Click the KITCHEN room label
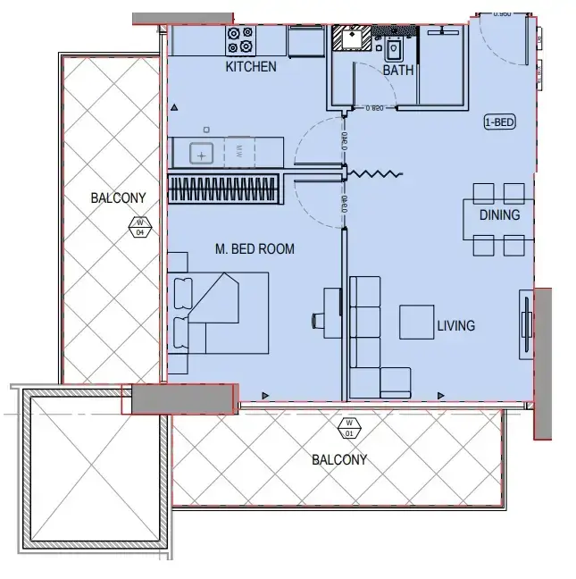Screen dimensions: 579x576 [x=250, y=67]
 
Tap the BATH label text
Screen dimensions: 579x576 [x=397, y=70]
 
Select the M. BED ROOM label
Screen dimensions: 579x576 [x=255, y=249]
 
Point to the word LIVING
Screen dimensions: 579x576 [x=455, y=326]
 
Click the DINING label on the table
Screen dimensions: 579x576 [x=499, y=215]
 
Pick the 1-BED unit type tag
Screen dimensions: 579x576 [x=498, y=123]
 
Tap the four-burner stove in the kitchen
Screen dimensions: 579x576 [x=239, y=39]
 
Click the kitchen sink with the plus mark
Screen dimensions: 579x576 [x=202, y=154]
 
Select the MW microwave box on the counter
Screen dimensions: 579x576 [x=238, y=152]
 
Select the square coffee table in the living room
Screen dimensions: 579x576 [x=417, y=322]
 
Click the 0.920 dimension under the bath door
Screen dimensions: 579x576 [x=374, y=108]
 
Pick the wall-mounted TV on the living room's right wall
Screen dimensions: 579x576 [x=527, y=327]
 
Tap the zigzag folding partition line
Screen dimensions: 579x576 [x=374, y=174]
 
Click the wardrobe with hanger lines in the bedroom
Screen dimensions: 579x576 [x=223, y=189]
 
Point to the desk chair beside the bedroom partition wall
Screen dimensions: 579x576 [x=318, y=319]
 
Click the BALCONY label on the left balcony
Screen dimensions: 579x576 [x=118, y=197]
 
